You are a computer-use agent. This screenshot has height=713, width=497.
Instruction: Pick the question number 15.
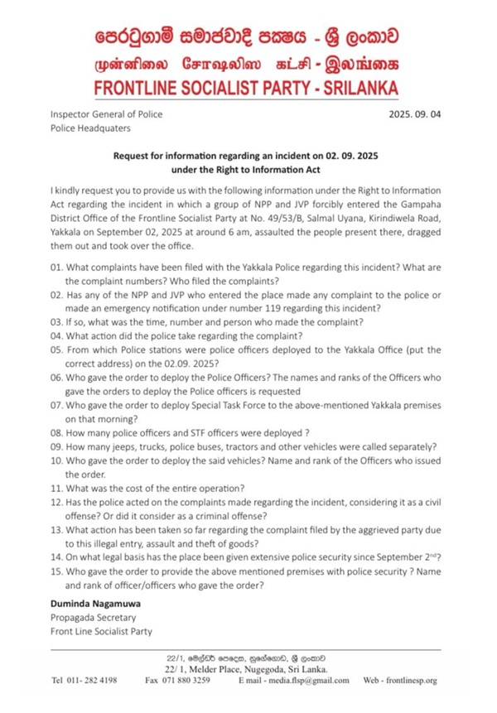pos(57,571)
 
